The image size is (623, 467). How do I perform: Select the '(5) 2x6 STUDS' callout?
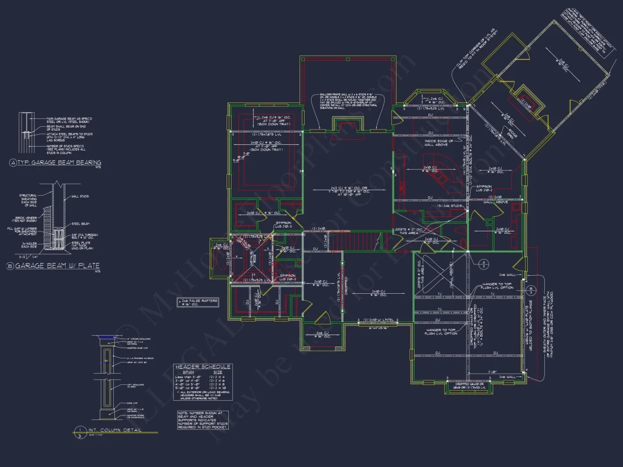pos(450,205)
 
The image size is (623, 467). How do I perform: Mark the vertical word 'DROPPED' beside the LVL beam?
pos(345,288)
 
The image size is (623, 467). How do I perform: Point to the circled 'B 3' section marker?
pos(530,292)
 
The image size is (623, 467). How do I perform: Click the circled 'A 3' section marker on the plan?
pos(483,263)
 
